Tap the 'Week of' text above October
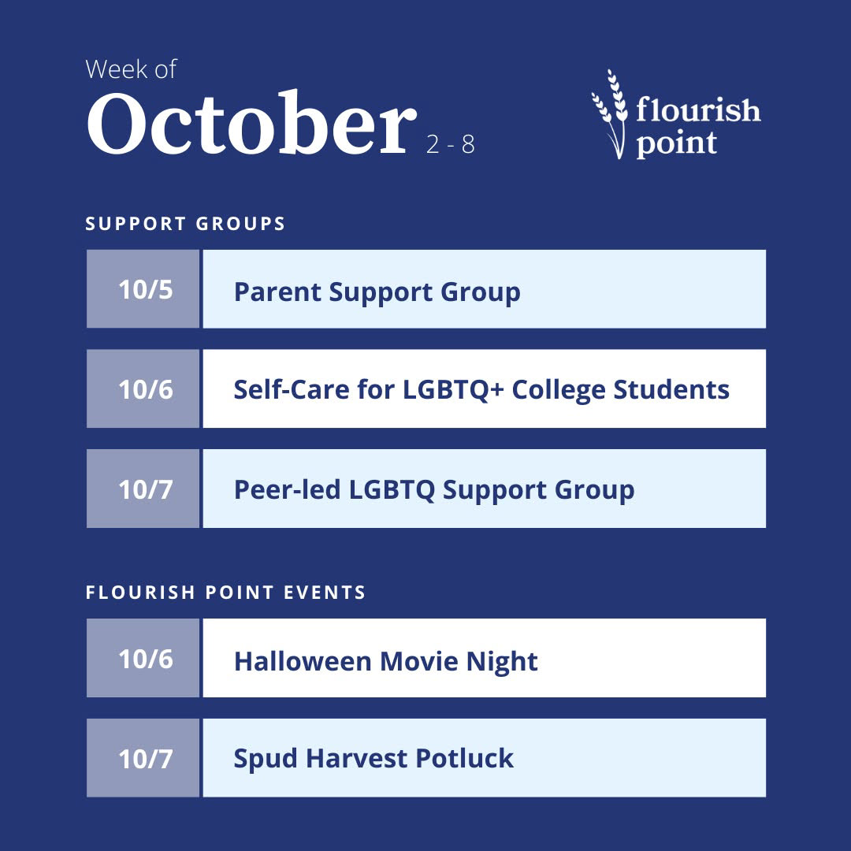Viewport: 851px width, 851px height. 131,69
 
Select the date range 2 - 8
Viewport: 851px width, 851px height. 451,144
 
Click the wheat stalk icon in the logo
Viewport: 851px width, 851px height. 609,114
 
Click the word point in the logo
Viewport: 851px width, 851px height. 676,143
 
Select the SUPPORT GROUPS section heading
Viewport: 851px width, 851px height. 185,224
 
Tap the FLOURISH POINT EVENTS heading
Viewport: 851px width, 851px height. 226,592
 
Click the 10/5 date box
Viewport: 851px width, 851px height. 143,288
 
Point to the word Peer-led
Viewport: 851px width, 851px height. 287,489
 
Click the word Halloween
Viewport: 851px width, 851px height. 303,661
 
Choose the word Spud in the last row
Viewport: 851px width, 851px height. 266,759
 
